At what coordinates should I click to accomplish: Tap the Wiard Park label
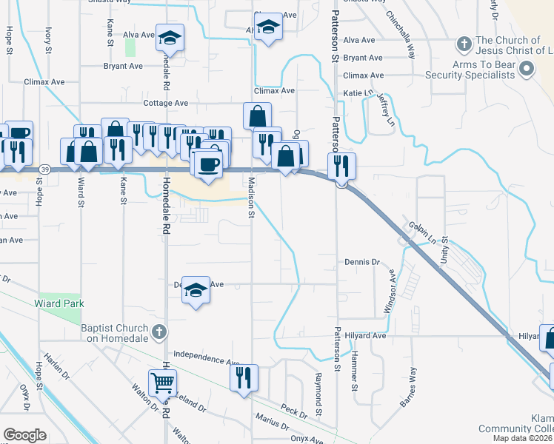point(59,303)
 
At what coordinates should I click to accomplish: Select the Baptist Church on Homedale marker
point(159,333)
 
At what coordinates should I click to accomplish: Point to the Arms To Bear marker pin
point(527,70)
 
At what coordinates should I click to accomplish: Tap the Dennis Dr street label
point(362,262)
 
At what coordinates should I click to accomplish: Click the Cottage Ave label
point(166,104)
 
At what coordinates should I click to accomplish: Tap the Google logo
point(24,434)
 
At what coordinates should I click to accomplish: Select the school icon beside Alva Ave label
point(170,38)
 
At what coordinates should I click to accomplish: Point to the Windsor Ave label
point(390,292)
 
